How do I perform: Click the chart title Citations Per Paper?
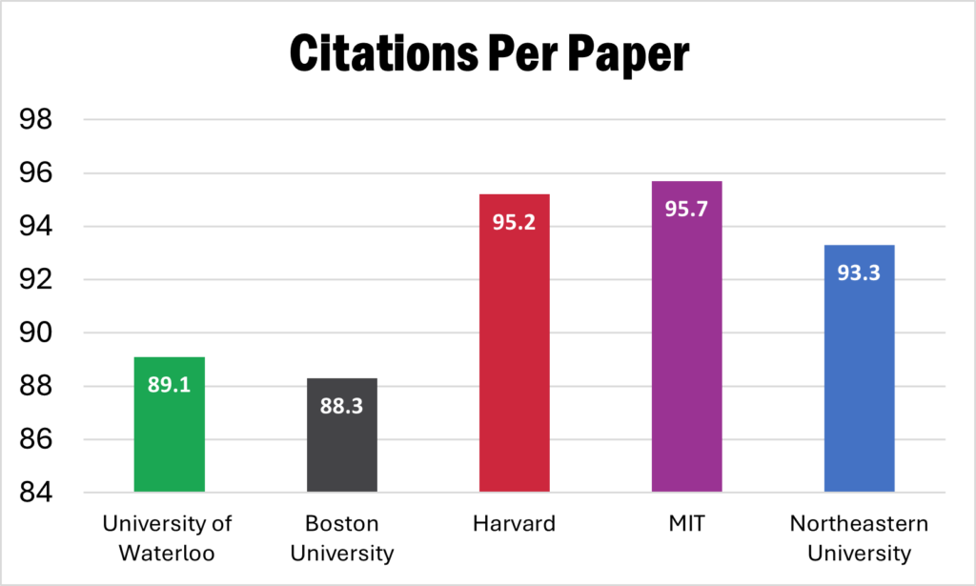(x=488, y=56)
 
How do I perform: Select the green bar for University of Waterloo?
(x=169, y=438)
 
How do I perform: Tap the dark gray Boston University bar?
(x=341, y=448)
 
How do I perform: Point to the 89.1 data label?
(x=169, y=385)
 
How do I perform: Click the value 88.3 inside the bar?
(x=341, y=406)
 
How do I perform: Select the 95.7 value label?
(x=686, y=210)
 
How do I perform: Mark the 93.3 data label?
(x=859, y=273)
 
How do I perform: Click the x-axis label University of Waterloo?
(x=169, y=537)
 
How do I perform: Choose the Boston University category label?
(x=341, y=537)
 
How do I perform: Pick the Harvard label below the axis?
(x=514, y=524)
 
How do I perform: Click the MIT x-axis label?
(x=686, y=524)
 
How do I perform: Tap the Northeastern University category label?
(x=859, y=537)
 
